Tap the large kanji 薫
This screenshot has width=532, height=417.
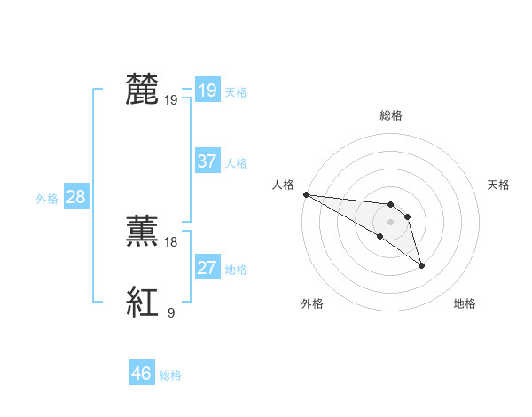click(142, 231)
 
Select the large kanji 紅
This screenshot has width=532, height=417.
click(142, 302)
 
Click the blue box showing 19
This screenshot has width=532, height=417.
click(207, 90)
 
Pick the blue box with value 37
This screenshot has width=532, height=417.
click(207, 161)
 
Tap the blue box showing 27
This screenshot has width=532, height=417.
click(207, 268)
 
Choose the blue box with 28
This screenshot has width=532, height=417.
click(75, 197)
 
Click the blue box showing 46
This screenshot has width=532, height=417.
click(141, 374)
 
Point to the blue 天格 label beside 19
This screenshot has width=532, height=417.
click(236, 92)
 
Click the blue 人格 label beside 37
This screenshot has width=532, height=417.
click(236, 163)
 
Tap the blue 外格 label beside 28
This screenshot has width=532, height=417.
click(47, 199)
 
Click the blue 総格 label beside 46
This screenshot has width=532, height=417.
click(170, 375)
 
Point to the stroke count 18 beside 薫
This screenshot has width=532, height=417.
click(171, 241)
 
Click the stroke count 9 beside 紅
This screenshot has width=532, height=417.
click(170, 312)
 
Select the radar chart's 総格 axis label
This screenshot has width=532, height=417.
click(391, 115)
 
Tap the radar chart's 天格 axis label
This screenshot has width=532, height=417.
click(499, 185)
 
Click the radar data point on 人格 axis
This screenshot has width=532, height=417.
click(306, 194)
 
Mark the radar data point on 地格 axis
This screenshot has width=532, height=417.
click(421, 265)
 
